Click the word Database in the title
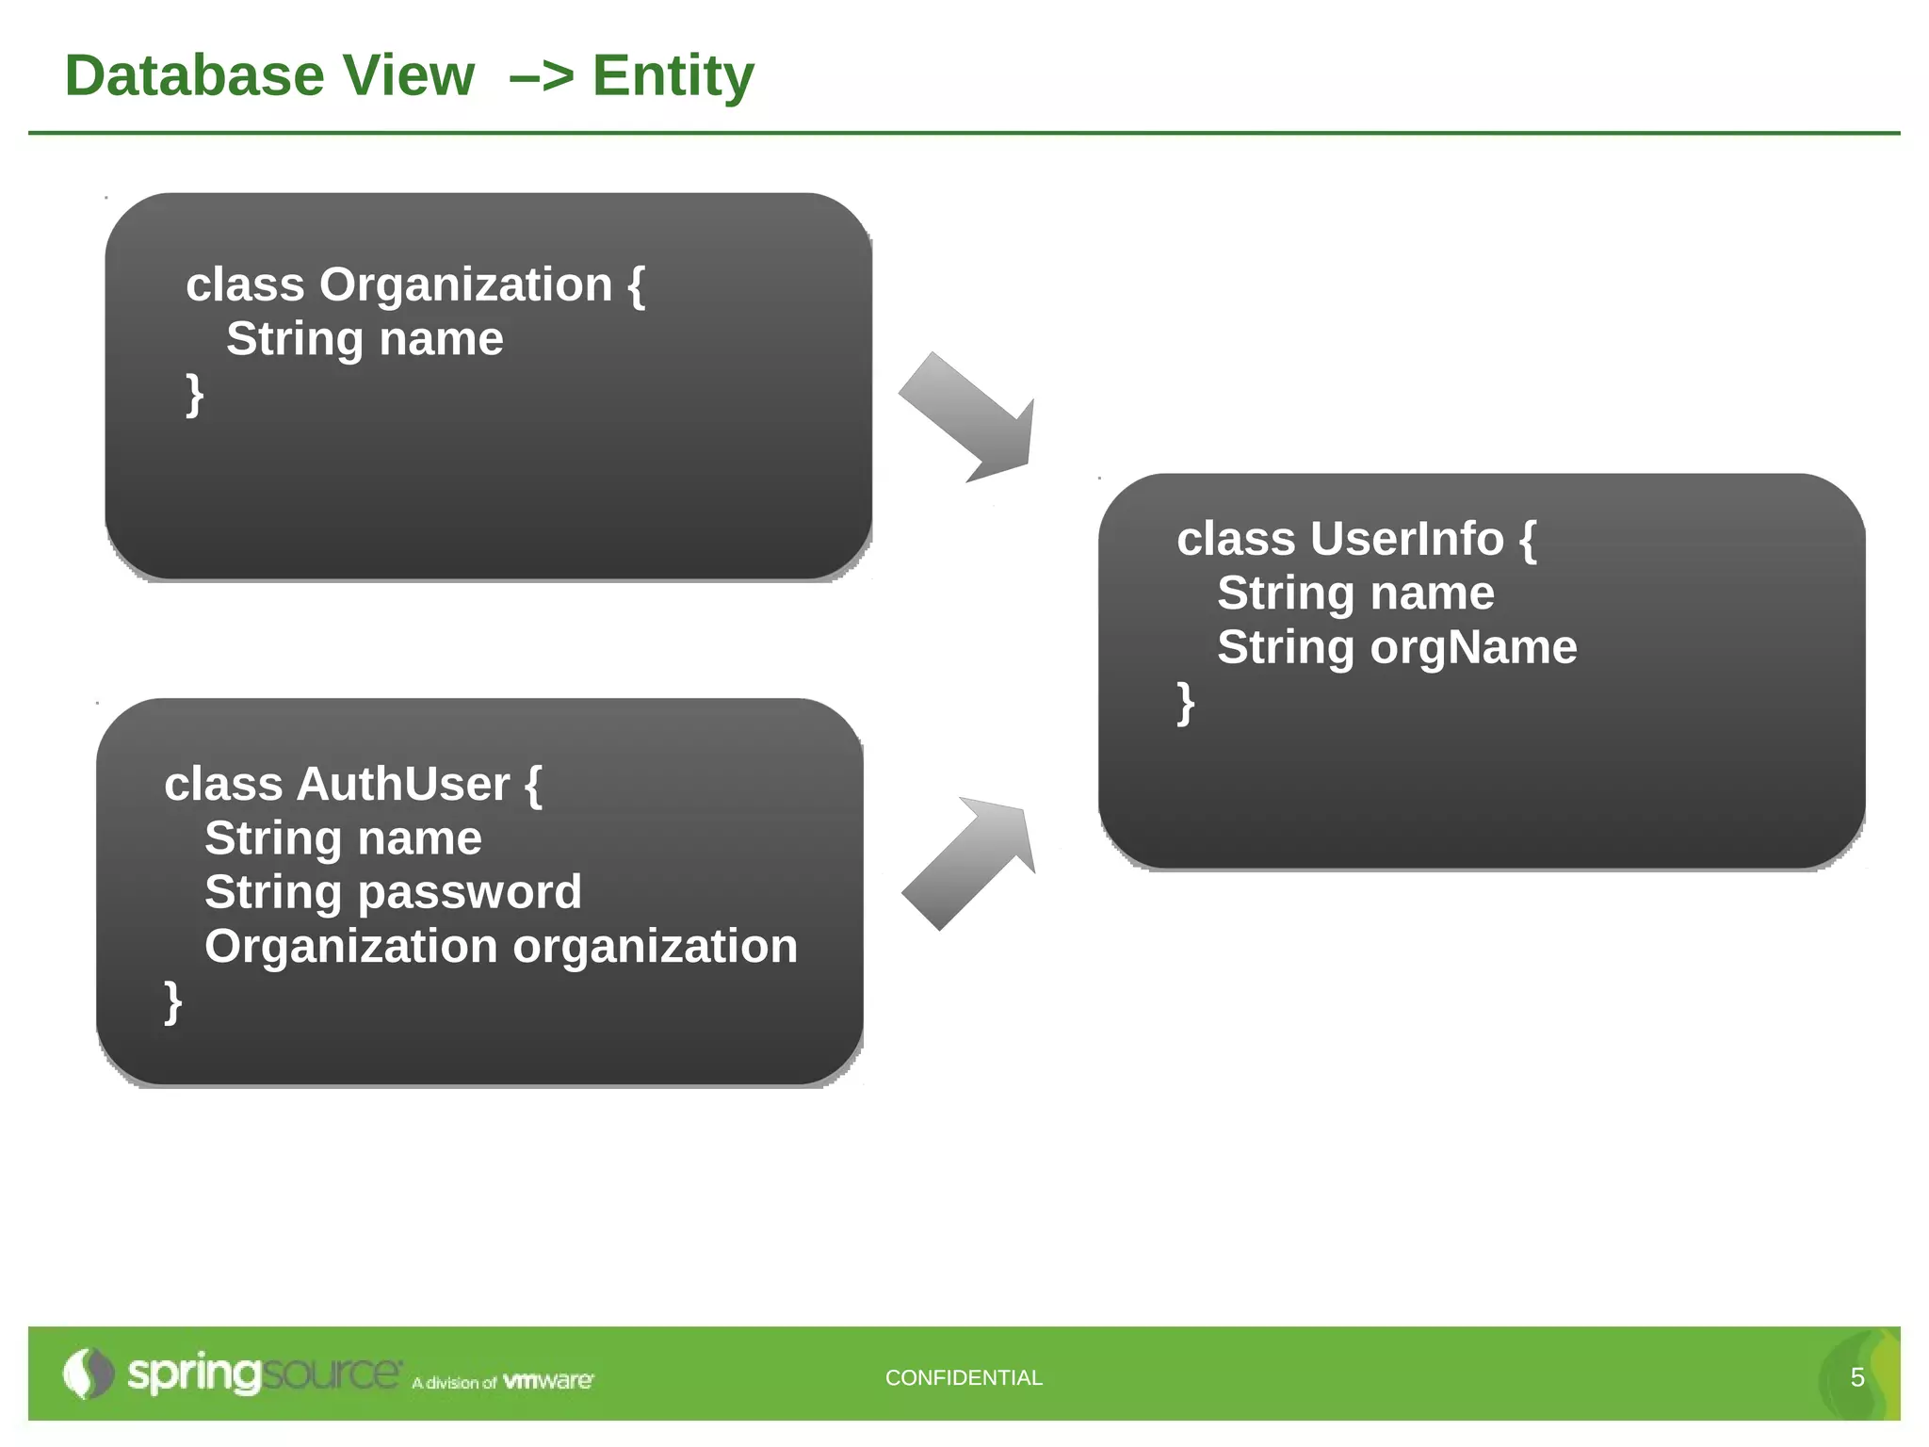(x=194, y=75)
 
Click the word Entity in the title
(x=673, y=75)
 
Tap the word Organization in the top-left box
(x=465, y=285)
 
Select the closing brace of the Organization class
(x=194, y=394)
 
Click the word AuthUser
(x=403, y=784)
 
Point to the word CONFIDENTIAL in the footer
(x=964, y=1377)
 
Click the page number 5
(x=1856, y=1377)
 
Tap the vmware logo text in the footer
(x=548, y=1381)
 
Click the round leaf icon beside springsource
(x=88, y=1374)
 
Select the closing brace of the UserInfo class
(x=1185, y=703)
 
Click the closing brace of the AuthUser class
(x=172, y=1001)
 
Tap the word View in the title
(x=408, y=75)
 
